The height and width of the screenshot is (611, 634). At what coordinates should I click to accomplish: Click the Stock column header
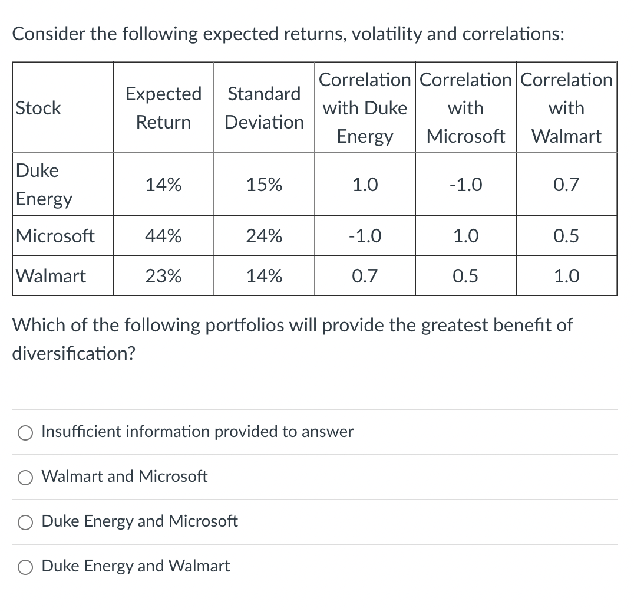(x=39, y=108)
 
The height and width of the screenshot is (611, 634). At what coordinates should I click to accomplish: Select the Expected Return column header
(x=163, y=108)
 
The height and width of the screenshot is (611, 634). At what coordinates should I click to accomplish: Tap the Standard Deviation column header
(x=264, y=108)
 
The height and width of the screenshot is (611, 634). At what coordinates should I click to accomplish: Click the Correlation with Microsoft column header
(x=465, y=108)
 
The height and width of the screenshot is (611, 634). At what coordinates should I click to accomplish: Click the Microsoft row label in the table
(x=55, y=236)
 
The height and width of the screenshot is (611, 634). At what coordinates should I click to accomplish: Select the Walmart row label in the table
(x=51, y=275)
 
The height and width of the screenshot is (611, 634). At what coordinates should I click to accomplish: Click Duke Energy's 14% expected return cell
(x=163, y=185)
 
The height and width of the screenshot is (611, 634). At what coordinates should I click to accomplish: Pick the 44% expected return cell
(x=163, y=236)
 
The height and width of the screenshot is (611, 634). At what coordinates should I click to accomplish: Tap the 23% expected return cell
(x=163, y=275)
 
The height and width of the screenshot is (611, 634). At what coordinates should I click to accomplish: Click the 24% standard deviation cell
(x=264, y=236)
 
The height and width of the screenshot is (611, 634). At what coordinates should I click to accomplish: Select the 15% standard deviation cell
(x=264, y=185)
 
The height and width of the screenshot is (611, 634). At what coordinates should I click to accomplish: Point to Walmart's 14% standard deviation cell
(x=264, y=275)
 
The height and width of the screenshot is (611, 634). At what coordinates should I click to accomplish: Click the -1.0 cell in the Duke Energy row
(x=465, y=185)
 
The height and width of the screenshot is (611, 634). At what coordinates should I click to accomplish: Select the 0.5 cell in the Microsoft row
(x=566, y=236)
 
